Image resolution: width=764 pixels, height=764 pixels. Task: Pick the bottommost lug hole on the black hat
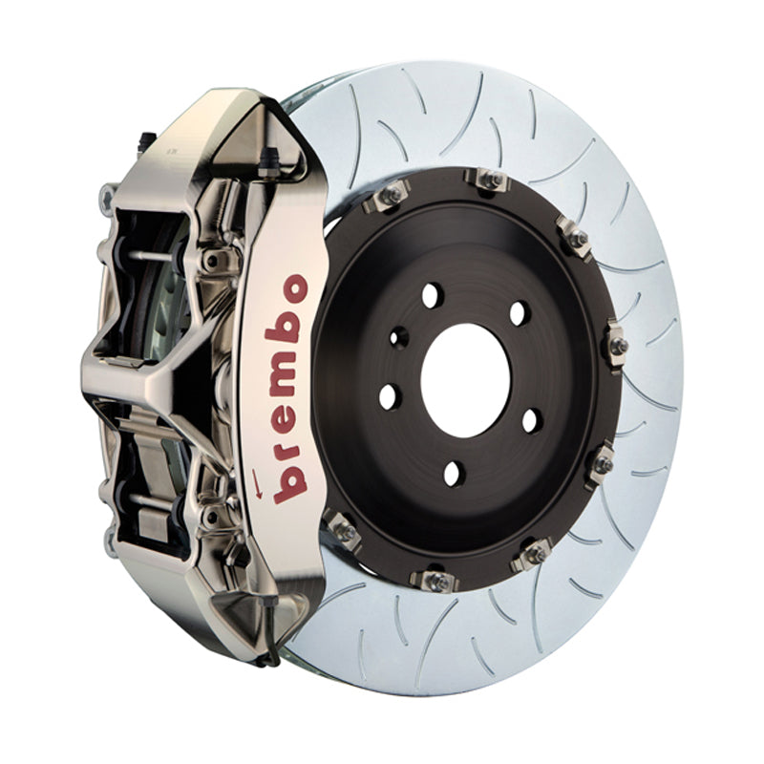point(455,472)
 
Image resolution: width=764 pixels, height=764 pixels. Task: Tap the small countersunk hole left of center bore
point(399,337)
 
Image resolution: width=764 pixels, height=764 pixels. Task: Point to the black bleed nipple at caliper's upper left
point(145,141)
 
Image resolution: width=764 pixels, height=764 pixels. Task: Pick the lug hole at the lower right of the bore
point(532,420)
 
